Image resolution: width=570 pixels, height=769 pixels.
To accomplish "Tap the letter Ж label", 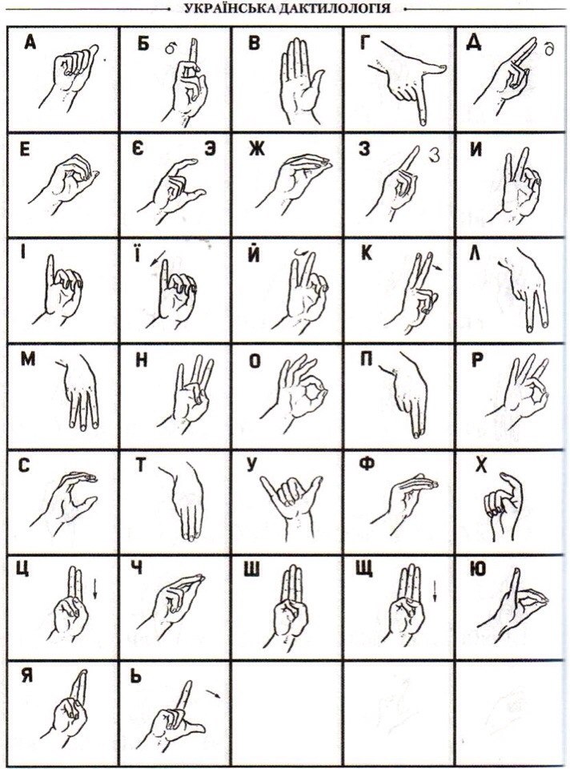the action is pos(256,148).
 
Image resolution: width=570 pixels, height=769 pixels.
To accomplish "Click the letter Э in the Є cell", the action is pos(210,149).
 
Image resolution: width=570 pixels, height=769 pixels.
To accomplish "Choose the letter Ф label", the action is pos(367,464).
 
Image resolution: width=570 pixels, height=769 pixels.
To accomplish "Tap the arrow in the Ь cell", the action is pos(213,694).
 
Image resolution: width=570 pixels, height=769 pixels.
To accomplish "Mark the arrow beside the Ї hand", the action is pos(157,259).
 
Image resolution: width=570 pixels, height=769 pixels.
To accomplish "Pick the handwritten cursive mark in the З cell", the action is pos(433,155).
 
